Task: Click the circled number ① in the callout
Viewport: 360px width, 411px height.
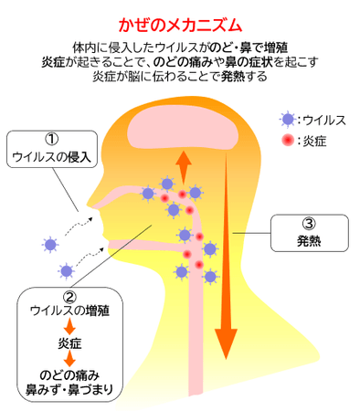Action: click(51, 140)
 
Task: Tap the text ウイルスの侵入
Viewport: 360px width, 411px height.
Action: click(51, 157)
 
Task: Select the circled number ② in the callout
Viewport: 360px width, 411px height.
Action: click(69, 297)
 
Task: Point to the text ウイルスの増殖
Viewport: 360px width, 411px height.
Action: click(69, 312)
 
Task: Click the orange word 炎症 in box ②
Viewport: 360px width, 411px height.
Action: click(69, 342)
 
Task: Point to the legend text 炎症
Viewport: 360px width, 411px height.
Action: click(312, 141)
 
